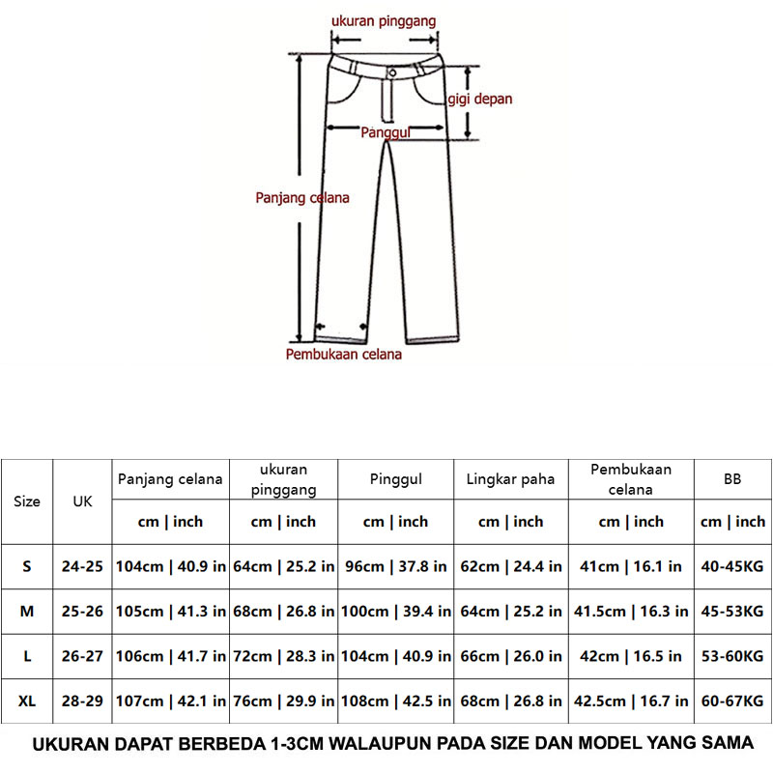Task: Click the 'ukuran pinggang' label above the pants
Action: (x=384, y=21)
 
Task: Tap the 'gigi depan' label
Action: (x=479, y=100)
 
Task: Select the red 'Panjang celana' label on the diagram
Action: (x=302, y=198)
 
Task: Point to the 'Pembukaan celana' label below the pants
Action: (x=344, y=355)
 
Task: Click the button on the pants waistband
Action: (x=392, y=73)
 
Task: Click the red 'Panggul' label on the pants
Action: (x=385, y=132)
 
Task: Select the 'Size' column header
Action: (x=27, y=501)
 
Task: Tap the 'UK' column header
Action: (x=82, y=501)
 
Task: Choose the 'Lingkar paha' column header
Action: (x=510, y=479)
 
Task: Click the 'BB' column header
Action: (x=732, y=479)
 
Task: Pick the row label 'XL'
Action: (x=27, y=701)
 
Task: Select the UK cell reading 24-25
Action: (x=82, y=566)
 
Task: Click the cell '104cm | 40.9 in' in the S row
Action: (x=171, y=566)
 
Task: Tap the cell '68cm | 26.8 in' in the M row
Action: (x=283, y=612)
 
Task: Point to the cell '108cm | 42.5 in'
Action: (x=396, y=701)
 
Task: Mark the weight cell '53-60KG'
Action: (x=732, y=656)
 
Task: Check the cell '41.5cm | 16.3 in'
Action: (x=631, y=612)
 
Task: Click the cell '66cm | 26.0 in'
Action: (x=511, y=656)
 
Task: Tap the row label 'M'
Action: (x=27, y=612)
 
